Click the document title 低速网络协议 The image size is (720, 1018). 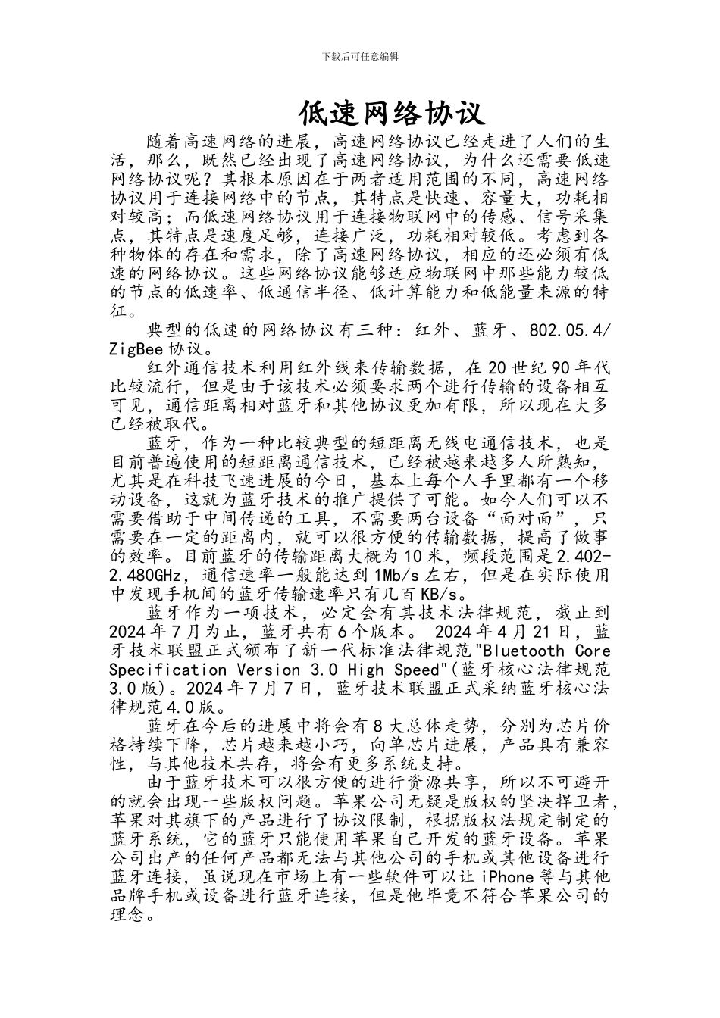(390, 114)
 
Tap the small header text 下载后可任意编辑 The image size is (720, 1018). (360, 57)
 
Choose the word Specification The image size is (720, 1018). (167, 670)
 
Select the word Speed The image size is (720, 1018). (417, 670)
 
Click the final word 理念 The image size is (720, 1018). (129, 915)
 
